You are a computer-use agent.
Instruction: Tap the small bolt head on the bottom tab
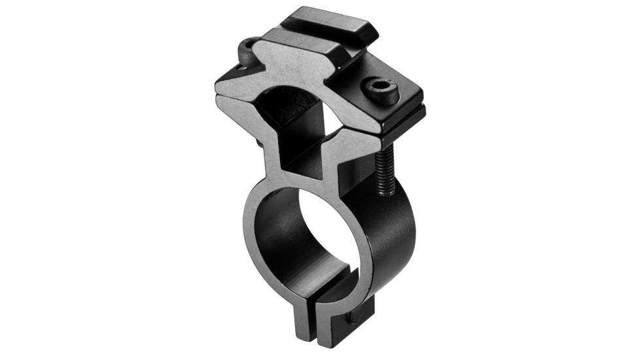(354, 317)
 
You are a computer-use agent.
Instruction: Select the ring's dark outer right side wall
(399, 236)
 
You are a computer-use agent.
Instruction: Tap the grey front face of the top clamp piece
(288, 72)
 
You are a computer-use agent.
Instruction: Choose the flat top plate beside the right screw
(406, 88)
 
